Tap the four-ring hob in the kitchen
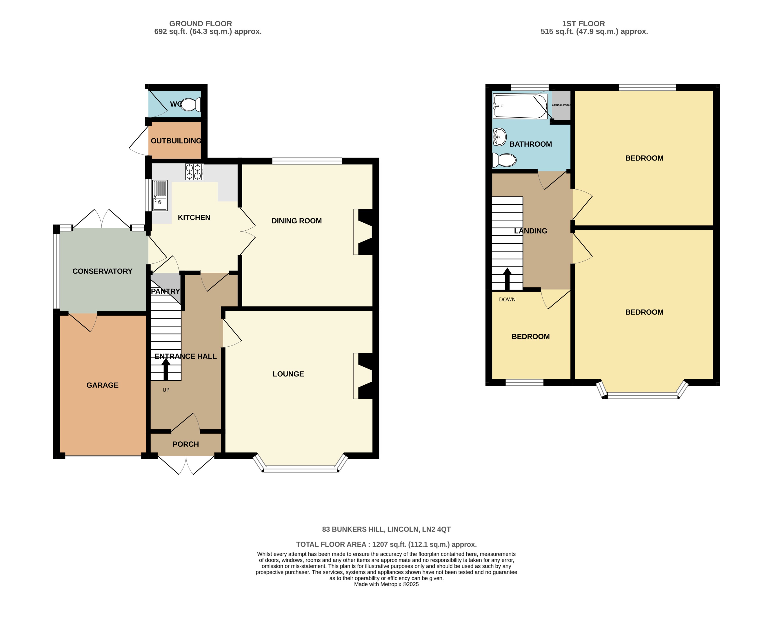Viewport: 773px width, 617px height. pyautogui.click(x=194, y=172)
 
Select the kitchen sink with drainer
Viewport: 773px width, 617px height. pyautogui.click(x=160, y=195)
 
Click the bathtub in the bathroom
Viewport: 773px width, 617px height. pyautogui.click(x=520, y=106)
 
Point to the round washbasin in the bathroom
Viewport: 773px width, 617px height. pyautogui.click(x=499, y=137)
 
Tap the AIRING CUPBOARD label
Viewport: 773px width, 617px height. pyautogui.click(x=561, y=105)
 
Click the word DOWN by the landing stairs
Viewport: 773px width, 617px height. pyautogui.click(x=507, y=299)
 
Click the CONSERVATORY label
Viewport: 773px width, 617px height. pyautogui.click(x=102, y=271)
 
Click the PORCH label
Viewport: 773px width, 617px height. pyautogui.click(x=185, y=444)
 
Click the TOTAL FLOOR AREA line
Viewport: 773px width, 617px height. pyautogui.click(x=386, y=544)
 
